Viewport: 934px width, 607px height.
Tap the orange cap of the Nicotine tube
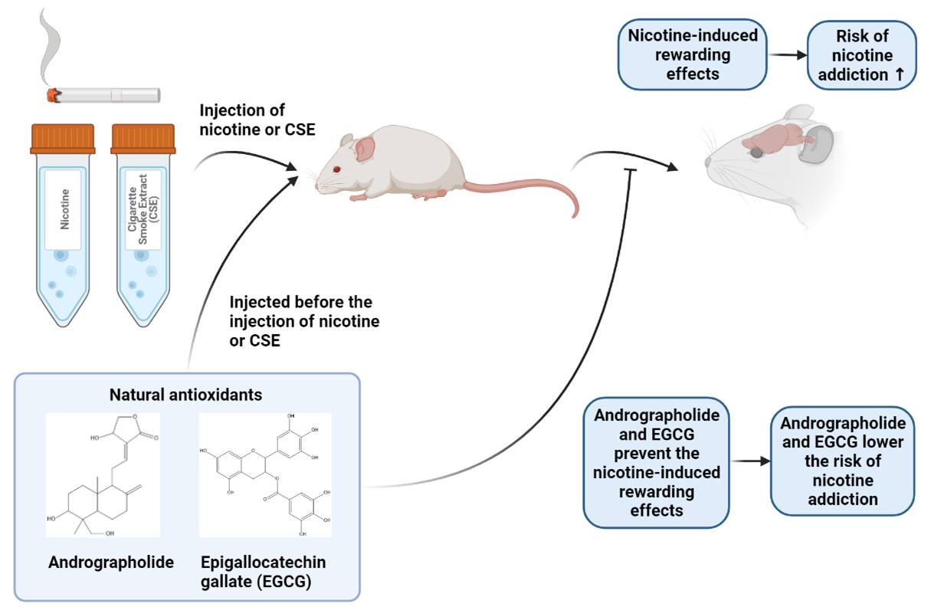(63, 139)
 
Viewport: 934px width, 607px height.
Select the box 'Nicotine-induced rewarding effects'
(692, 55)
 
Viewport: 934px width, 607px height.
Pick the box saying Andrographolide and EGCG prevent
(656, 462)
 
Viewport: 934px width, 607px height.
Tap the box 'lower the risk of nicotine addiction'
(842, 462)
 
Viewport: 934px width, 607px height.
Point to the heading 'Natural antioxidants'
(185, 395)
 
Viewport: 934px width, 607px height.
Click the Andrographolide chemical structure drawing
(103, 475)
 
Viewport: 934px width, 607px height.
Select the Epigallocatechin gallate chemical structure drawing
(265, 475)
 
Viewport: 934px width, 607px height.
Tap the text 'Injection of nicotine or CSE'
(246, 121)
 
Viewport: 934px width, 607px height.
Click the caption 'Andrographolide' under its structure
(111, 563)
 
